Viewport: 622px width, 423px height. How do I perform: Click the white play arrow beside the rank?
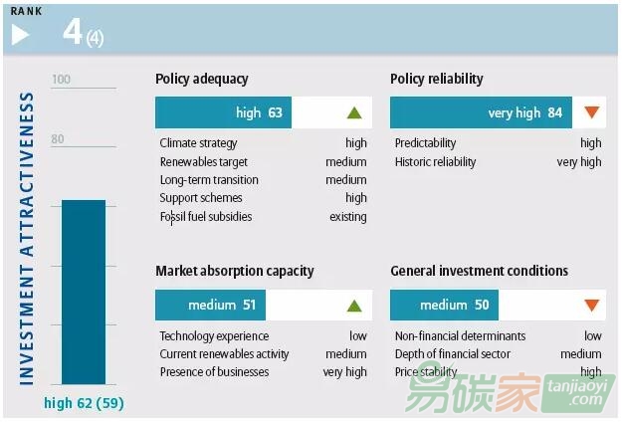20,35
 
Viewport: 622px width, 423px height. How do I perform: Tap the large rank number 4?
73,32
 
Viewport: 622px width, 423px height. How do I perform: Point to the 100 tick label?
62,80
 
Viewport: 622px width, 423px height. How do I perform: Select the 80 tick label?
58,139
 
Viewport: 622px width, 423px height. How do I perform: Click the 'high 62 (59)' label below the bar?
84,403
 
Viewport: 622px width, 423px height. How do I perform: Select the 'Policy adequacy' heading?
202,79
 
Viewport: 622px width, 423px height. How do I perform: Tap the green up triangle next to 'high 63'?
354,112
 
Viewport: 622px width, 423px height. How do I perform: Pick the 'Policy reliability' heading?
437,79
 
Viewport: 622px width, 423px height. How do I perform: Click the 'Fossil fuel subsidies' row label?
206,216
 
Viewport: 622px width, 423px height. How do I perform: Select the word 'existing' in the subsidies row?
348,216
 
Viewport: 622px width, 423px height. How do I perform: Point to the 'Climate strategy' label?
199,143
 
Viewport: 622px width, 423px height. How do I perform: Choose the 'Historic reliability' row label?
435,161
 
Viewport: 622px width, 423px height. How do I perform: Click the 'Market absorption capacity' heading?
235,271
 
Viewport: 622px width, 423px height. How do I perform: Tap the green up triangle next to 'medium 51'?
354,306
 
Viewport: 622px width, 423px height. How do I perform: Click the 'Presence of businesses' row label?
214,372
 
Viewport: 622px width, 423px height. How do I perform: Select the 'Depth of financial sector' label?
452,354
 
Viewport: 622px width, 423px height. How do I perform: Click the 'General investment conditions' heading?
480,271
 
